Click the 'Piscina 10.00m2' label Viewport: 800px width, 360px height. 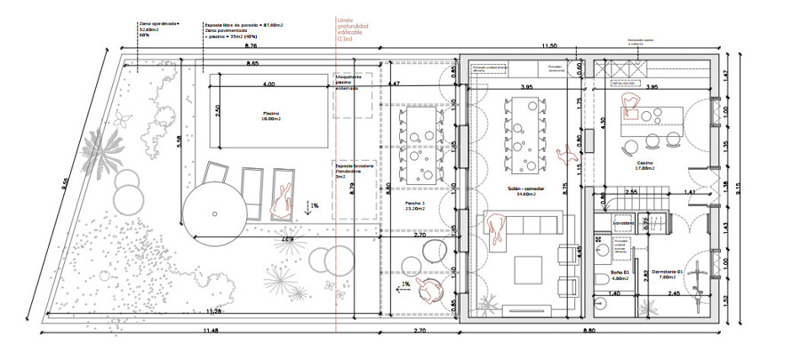[x=271, y=116]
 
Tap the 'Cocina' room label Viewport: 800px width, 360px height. [x=645, y=164]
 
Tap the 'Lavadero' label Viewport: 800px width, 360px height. [x=623, y=223]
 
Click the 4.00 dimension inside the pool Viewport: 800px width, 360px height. [x=268, y=84]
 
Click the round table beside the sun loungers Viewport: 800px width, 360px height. [x=213, y=213]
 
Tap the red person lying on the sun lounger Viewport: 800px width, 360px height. [x=283, y=201]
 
